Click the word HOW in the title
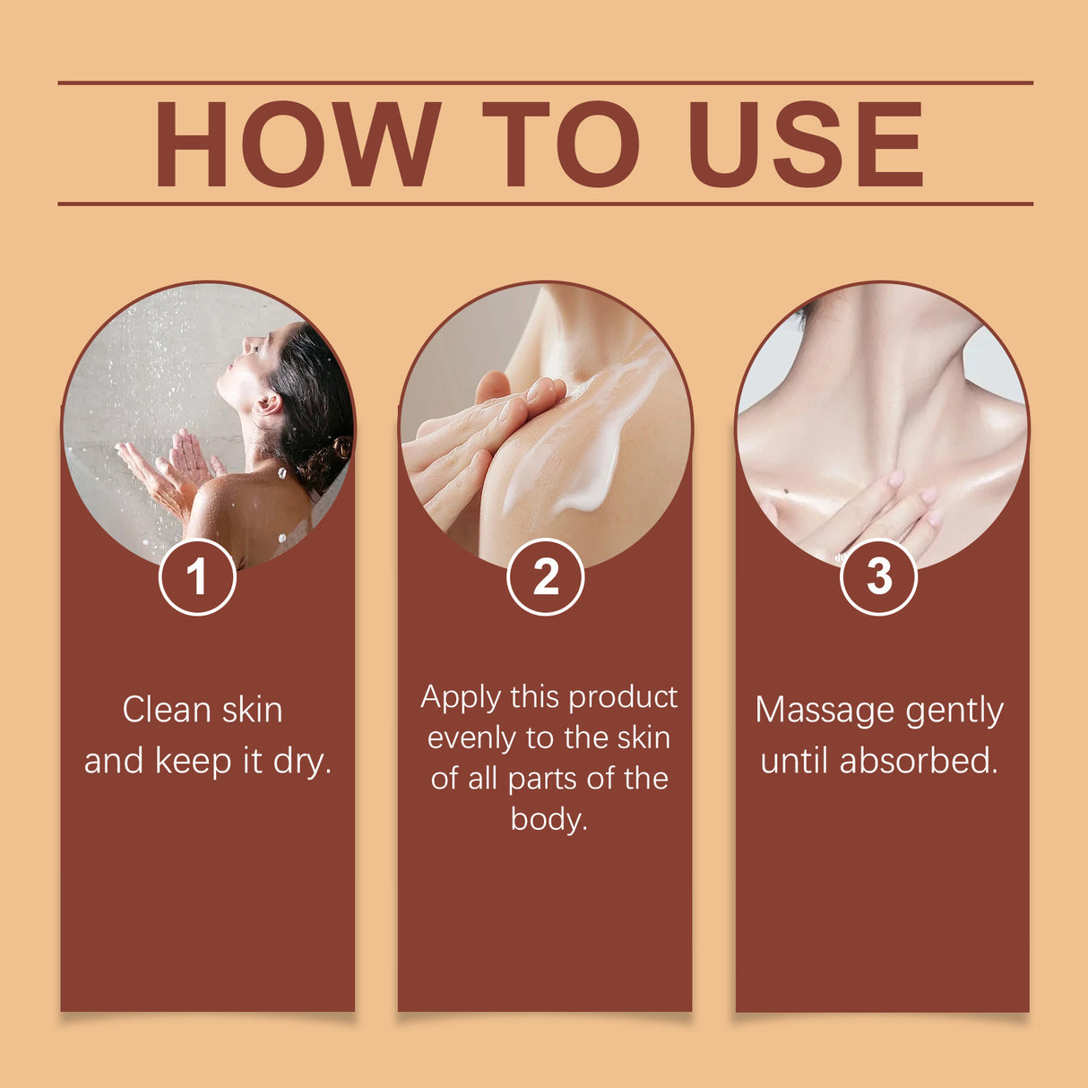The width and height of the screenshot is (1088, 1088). pyautogui.click(x=297, y=144)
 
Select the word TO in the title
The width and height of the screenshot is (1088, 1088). pyautogui.click(x=560, y=144)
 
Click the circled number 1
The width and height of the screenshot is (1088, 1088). pyautogui.click(x=197, y=576)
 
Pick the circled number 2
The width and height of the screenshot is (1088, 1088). pyautogui.click(x=545, y=576)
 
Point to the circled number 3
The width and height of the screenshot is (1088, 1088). pyautogui.click(x=878, y=576)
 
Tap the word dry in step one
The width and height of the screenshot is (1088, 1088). pyautogui.click(x=301, y=761)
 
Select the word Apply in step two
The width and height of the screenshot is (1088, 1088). pyautogui.click(x=461, y=698)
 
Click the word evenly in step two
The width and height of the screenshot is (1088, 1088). pyautogui.click(x=471, y=738)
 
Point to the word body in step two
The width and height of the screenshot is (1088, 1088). pyautogui.click(x=548, y=818)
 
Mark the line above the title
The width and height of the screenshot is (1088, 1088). pyautogui.click(x=545, y=82)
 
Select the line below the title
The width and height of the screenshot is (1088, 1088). pyautogui.click(x=545, y=203)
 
